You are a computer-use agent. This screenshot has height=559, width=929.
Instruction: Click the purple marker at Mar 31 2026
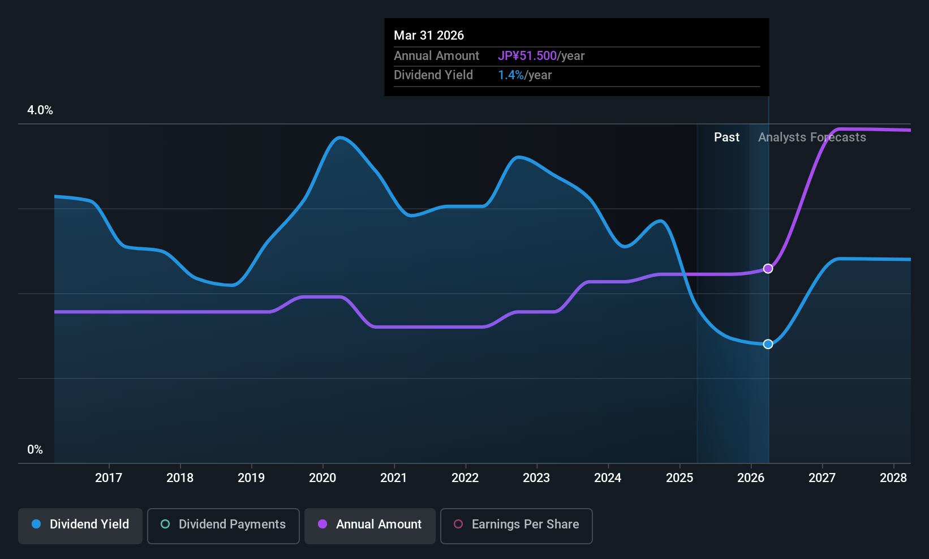tap(768, 269)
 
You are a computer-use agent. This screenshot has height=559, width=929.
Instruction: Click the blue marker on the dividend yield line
tap(768, 344)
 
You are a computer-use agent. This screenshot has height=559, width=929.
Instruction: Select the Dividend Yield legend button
tap(80, 526)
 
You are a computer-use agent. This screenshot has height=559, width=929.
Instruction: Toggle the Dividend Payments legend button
tap(223, 526)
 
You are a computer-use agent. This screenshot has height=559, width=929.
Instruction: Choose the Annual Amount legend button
tap(370, 526)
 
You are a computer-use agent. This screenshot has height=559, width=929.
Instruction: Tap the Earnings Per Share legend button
tap(517, 526)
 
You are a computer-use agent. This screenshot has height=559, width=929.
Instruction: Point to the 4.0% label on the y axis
tap(40, 110)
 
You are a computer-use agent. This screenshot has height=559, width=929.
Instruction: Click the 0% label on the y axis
tap(35, 450)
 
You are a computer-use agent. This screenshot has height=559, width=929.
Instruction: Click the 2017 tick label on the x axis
tap(109, 478)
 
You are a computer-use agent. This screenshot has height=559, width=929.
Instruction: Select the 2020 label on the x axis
tap(322, 478)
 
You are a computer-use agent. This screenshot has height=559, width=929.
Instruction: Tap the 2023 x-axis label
tap(537, 478)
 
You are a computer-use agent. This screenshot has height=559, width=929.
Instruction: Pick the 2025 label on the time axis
tap(679, 478)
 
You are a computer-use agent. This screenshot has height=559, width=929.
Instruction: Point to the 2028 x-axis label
tap(893, 478)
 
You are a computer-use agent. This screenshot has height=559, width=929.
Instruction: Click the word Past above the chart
tap(726, 137)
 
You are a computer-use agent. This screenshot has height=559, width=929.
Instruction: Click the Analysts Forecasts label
tap(812, 137)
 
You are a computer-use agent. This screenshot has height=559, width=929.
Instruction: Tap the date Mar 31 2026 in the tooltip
tap(429, 35)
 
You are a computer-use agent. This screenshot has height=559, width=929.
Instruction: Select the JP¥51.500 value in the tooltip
tap(527, 55)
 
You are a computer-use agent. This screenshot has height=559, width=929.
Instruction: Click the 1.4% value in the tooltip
tap(510, 75)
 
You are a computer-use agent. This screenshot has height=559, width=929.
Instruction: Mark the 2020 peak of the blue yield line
tap(340, 137)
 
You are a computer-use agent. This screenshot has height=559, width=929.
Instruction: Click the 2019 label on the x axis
tap(251, 478)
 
